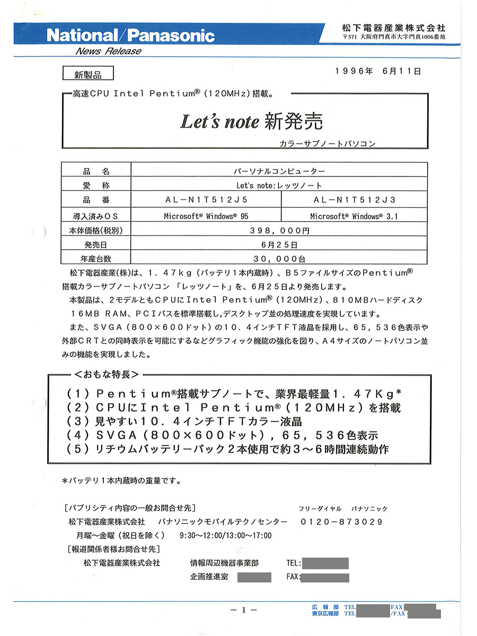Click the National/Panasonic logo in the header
130,36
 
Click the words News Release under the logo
108,51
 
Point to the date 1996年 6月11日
378,70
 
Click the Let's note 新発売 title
251,122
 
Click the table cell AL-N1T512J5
206,200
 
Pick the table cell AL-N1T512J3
354,200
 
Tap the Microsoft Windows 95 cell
206,216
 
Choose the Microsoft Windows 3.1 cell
354,216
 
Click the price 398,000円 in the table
279,231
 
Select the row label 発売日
96,245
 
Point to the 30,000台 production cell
279,259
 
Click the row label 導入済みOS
96,216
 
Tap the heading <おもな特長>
108,374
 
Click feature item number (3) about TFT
184,422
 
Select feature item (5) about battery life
228,449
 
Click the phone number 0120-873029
341,522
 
